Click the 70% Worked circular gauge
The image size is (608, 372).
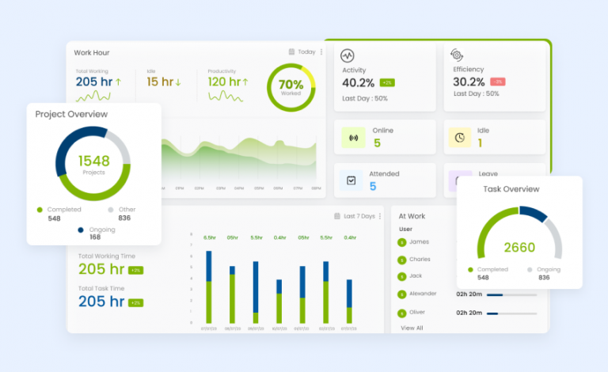tap(291, 87)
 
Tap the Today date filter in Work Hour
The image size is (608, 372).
tap(302, 52)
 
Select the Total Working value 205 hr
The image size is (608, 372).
tap(94, 82)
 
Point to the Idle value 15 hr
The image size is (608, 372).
tap(160, 82)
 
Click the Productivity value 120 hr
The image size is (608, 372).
tap(223, 82)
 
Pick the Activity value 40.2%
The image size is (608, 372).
tap(358, 82)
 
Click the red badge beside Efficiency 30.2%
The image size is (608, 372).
tap(498, 82)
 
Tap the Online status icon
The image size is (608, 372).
tap(353, 138)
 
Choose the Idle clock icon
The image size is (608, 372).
tap(459, 138)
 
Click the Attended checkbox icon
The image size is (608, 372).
tap(351, 181)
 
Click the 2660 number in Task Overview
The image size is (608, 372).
tap(519, 248)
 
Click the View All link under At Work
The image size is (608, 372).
tap(412, 328)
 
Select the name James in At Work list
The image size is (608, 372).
tap(420, 242)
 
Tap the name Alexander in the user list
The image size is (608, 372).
tap(423, 294)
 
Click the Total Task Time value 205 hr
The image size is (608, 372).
tap(101, 302)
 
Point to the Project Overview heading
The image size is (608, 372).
tap(71, 115)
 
